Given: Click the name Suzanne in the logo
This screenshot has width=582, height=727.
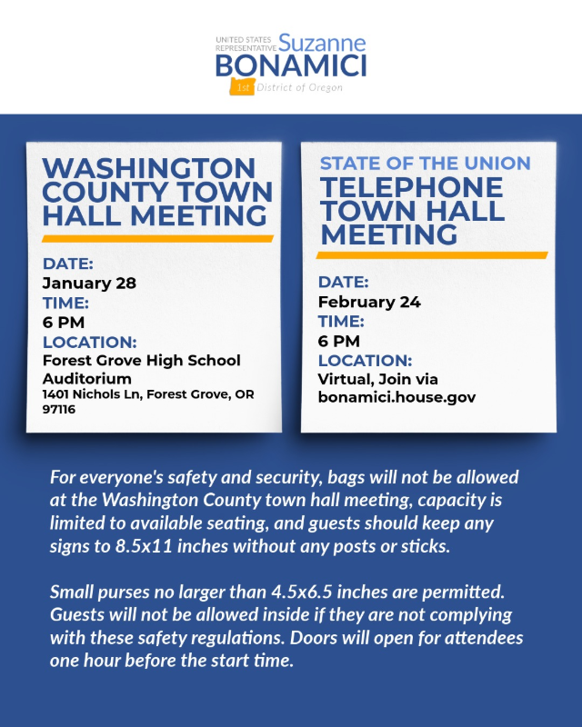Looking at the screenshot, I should [x=322, y=43].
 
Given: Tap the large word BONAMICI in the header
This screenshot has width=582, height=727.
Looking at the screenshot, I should [x=290, y=65].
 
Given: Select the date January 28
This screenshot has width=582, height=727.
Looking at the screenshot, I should [x=89, y=283].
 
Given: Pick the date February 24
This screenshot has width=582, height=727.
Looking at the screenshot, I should [x=368, y=302].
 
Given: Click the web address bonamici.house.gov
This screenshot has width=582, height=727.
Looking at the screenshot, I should [x=396, y=397].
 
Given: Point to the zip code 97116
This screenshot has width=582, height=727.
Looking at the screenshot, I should [x=59, y=410].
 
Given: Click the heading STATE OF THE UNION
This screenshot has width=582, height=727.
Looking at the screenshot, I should [x=426, y=164].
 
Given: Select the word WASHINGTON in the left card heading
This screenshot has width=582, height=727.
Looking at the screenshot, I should [x=149, y=169].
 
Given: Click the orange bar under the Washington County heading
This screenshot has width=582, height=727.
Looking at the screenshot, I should [x=158, y=239].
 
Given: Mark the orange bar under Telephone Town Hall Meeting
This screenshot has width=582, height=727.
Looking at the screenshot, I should [x=432, y=255].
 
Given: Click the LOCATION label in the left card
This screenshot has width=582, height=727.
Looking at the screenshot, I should [x=90, y=342].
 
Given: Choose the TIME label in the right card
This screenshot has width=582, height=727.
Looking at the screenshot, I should [x=341, y=322].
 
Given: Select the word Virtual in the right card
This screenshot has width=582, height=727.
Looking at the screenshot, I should [x=345, y=379].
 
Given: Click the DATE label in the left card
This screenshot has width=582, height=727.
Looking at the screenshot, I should [x=68, y=264].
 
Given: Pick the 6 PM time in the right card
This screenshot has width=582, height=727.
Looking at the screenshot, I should [x=339, y=341].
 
